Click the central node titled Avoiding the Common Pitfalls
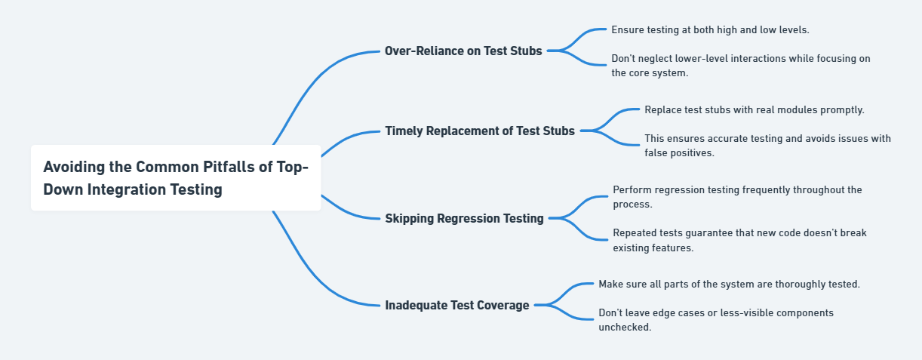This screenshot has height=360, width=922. tap(176, 178)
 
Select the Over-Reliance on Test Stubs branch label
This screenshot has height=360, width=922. tap(463, 51)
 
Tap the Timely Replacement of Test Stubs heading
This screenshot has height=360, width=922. tap(480, 131)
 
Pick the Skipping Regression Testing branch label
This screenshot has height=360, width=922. tap(464, 218)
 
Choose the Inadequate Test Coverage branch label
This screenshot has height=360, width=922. tap(457, 305)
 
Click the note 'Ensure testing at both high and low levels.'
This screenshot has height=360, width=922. tap(710, 29)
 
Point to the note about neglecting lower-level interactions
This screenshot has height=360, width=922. tap(740, 66)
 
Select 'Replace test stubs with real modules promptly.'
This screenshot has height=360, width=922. tap(755, 109)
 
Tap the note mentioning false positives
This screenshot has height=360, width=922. tap(767, 146)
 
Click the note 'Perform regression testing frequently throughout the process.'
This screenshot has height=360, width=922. tap(737, 197)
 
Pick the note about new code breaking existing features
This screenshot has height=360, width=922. tap(739, 240)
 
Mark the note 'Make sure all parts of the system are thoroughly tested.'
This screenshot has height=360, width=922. tap(729, 284)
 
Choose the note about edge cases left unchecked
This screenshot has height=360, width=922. tap(715, 319)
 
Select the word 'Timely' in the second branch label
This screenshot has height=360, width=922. tap(404, 131)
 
